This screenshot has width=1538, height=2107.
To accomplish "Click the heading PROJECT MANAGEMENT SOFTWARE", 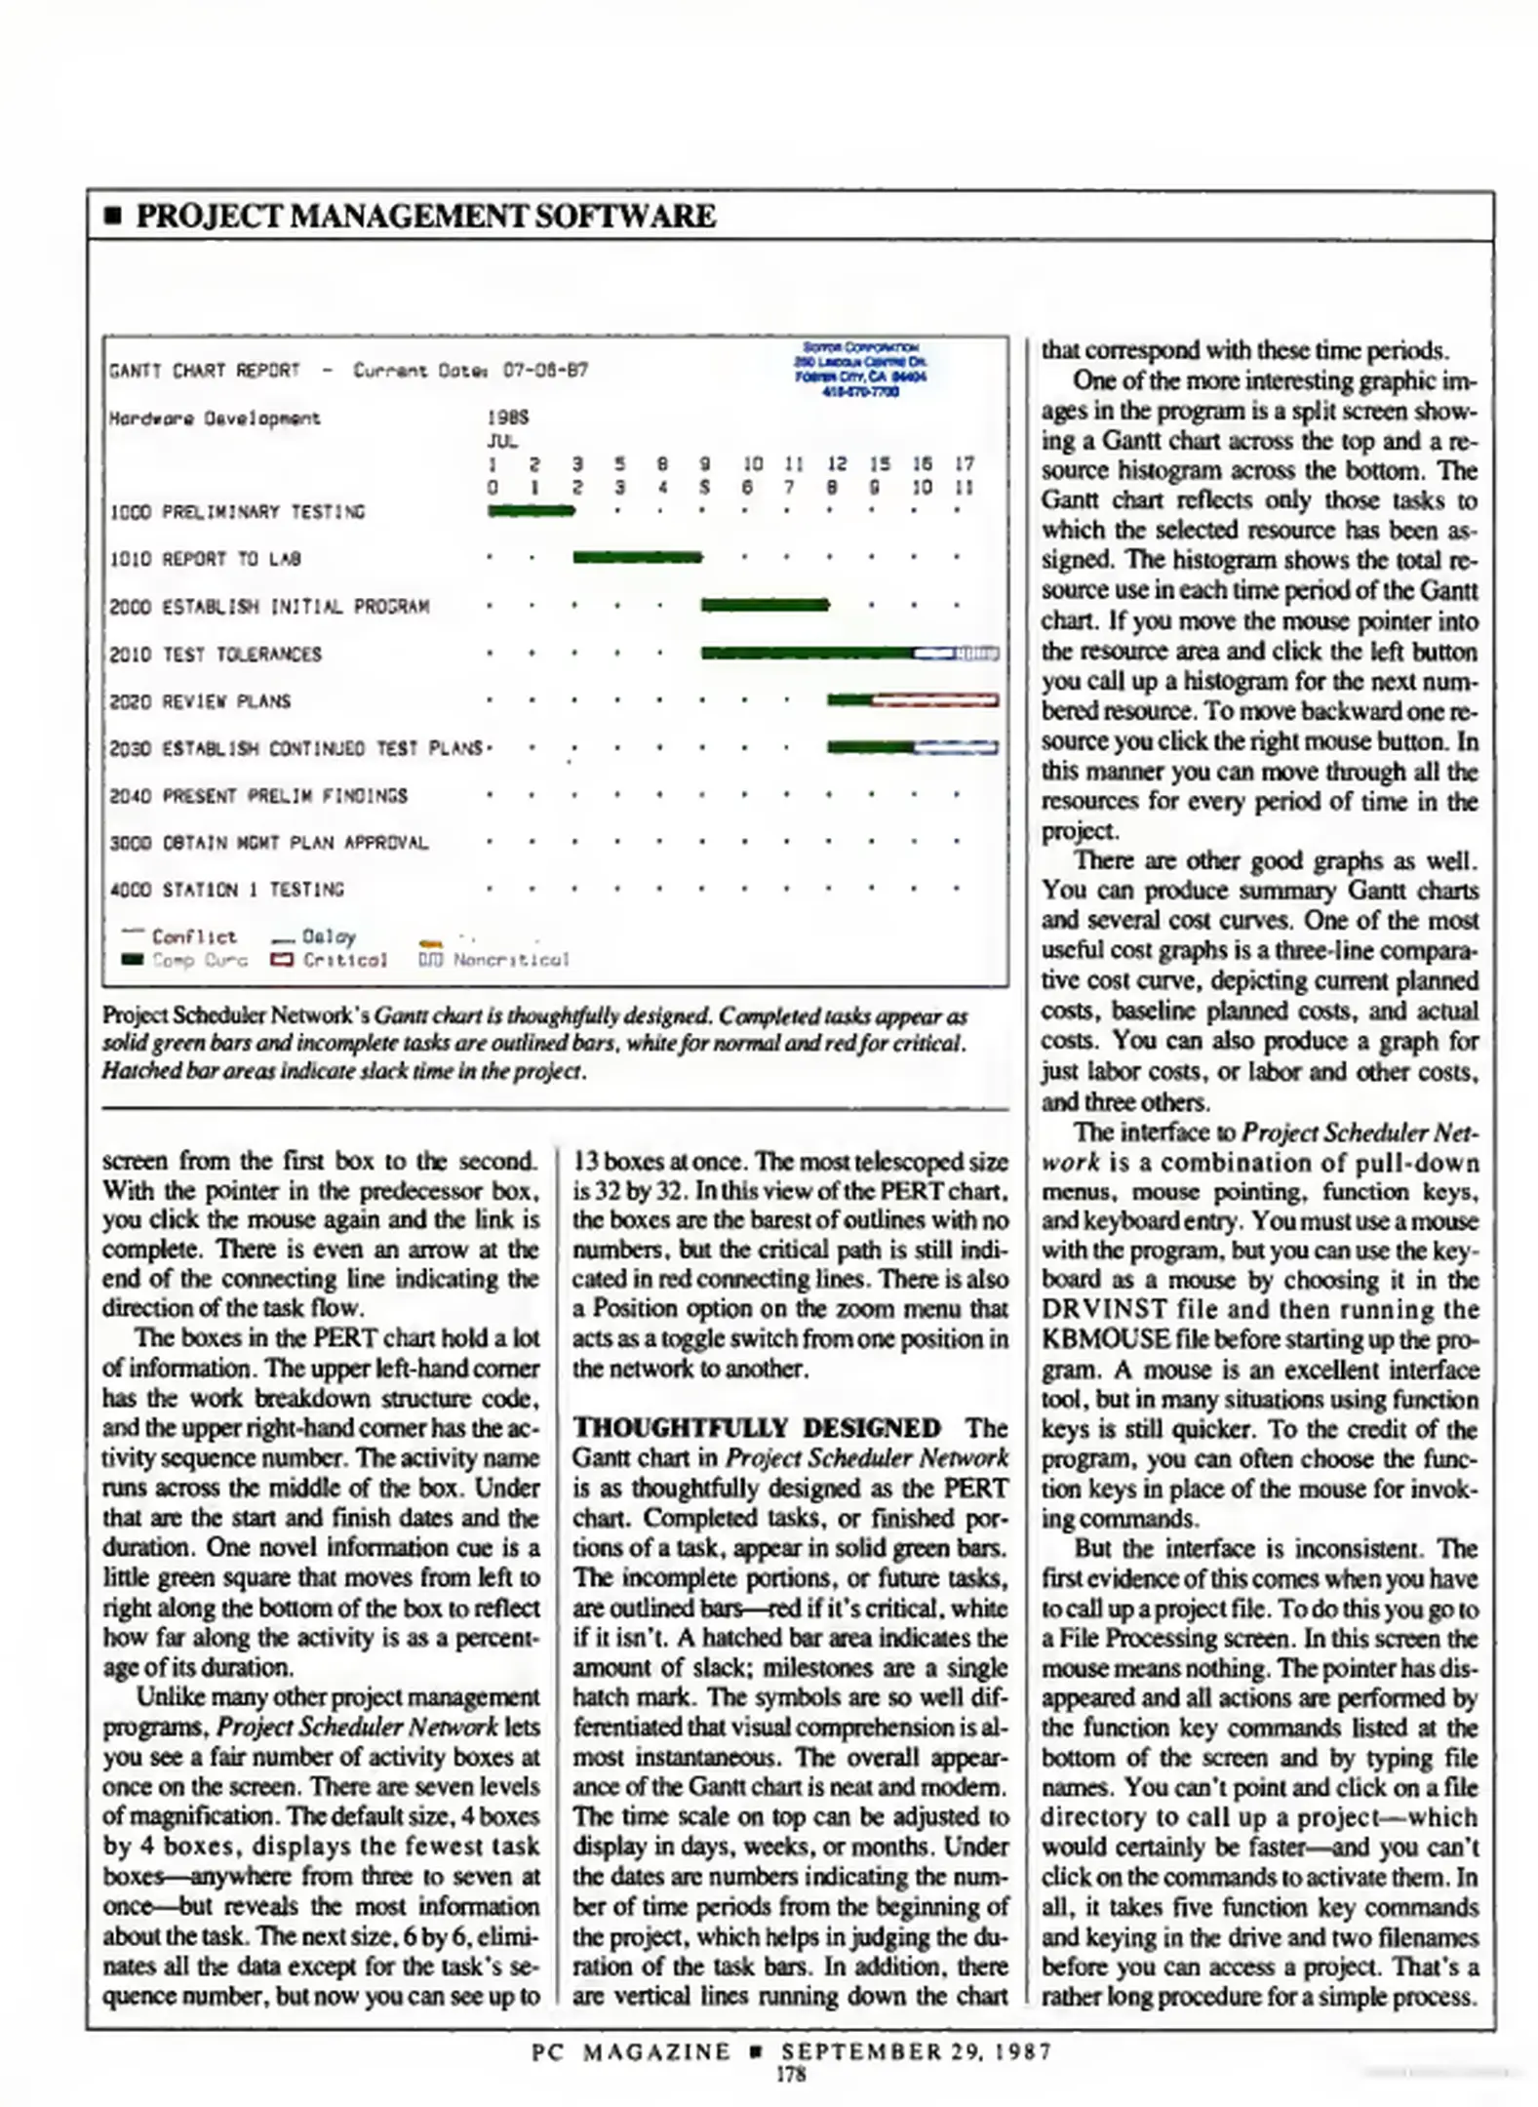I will [425, 216].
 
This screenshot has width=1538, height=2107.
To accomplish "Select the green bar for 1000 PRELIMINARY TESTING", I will [531, 510].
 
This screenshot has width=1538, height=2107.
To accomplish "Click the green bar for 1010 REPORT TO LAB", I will [636, 557].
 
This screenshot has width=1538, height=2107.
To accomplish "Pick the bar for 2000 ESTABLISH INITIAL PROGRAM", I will [764, 605].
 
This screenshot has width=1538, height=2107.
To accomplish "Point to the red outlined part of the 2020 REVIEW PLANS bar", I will [934, 699].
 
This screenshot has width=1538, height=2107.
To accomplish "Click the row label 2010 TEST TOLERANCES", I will [216, 654].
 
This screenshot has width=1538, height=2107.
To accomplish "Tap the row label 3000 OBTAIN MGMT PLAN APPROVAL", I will [268, 843].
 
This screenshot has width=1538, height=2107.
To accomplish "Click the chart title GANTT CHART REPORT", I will [205, 371].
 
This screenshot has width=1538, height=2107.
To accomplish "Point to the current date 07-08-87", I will [545, 371].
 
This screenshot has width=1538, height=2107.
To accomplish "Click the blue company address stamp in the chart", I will [859, 369].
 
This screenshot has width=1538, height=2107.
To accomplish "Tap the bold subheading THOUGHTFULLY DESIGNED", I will [757, 1428].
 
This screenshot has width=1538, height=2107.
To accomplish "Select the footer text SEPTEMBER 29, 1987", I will [915, 2050].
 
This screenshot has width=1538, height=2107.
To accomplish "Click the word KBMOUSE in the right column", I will [1105, 1338].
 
